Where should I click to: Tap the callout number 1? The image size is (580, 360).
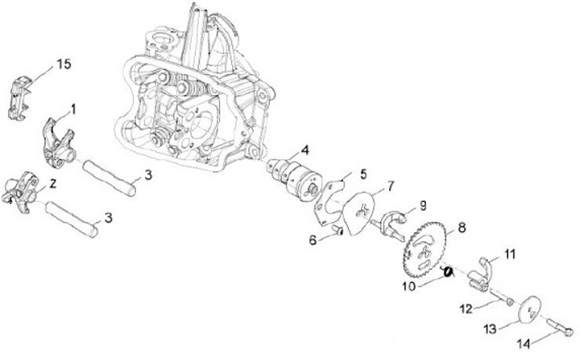pyautogui.click(x=74, y=107)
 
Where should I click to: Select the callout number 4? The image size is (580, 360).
pyautogui.click(x=305, y=150)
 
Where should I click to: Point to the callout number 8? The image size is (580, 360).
pyautogui.click(x=462, y=227)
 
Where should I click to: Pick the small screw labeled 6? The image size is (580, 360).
pyautogui.click(x=337, y=232)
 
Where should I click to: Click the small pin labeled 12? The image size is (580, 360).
pyautogui.click(x=505, y=300)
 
